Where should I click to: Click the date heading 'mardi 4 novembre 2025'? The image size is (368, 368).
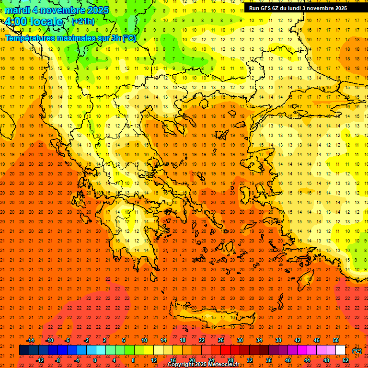point(57,10)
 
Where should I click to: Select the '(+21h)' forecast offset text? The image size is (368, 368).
point(83,22)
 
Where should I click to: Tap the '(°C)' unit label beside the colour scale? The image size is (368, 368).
point(356,351)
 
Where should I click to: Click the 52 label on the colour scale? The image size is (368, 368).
point(345,360)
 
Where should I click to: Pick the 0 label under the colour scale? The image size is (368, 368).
point(95,360)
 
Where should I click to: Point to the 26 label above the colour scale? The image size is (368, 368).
point(221,340)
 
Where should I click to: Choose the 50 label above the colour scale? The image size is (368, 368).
point(336,340)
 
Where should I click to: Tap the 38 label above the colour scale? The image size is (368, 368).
point(278,340)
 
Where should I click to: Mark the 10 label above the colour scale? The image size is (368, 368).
point(144,340)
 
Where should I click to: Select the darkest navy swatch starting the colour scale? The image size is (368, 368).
point(24,350)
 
